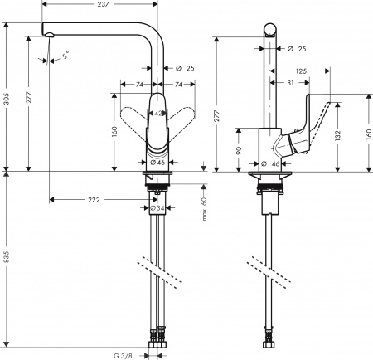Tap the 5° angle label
67,56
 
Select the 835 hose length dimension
7,259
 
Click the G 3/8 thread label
122,355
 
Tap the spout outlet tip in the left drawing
48,33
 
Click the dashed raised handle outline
332,105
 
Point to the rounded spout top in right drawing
270,31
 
